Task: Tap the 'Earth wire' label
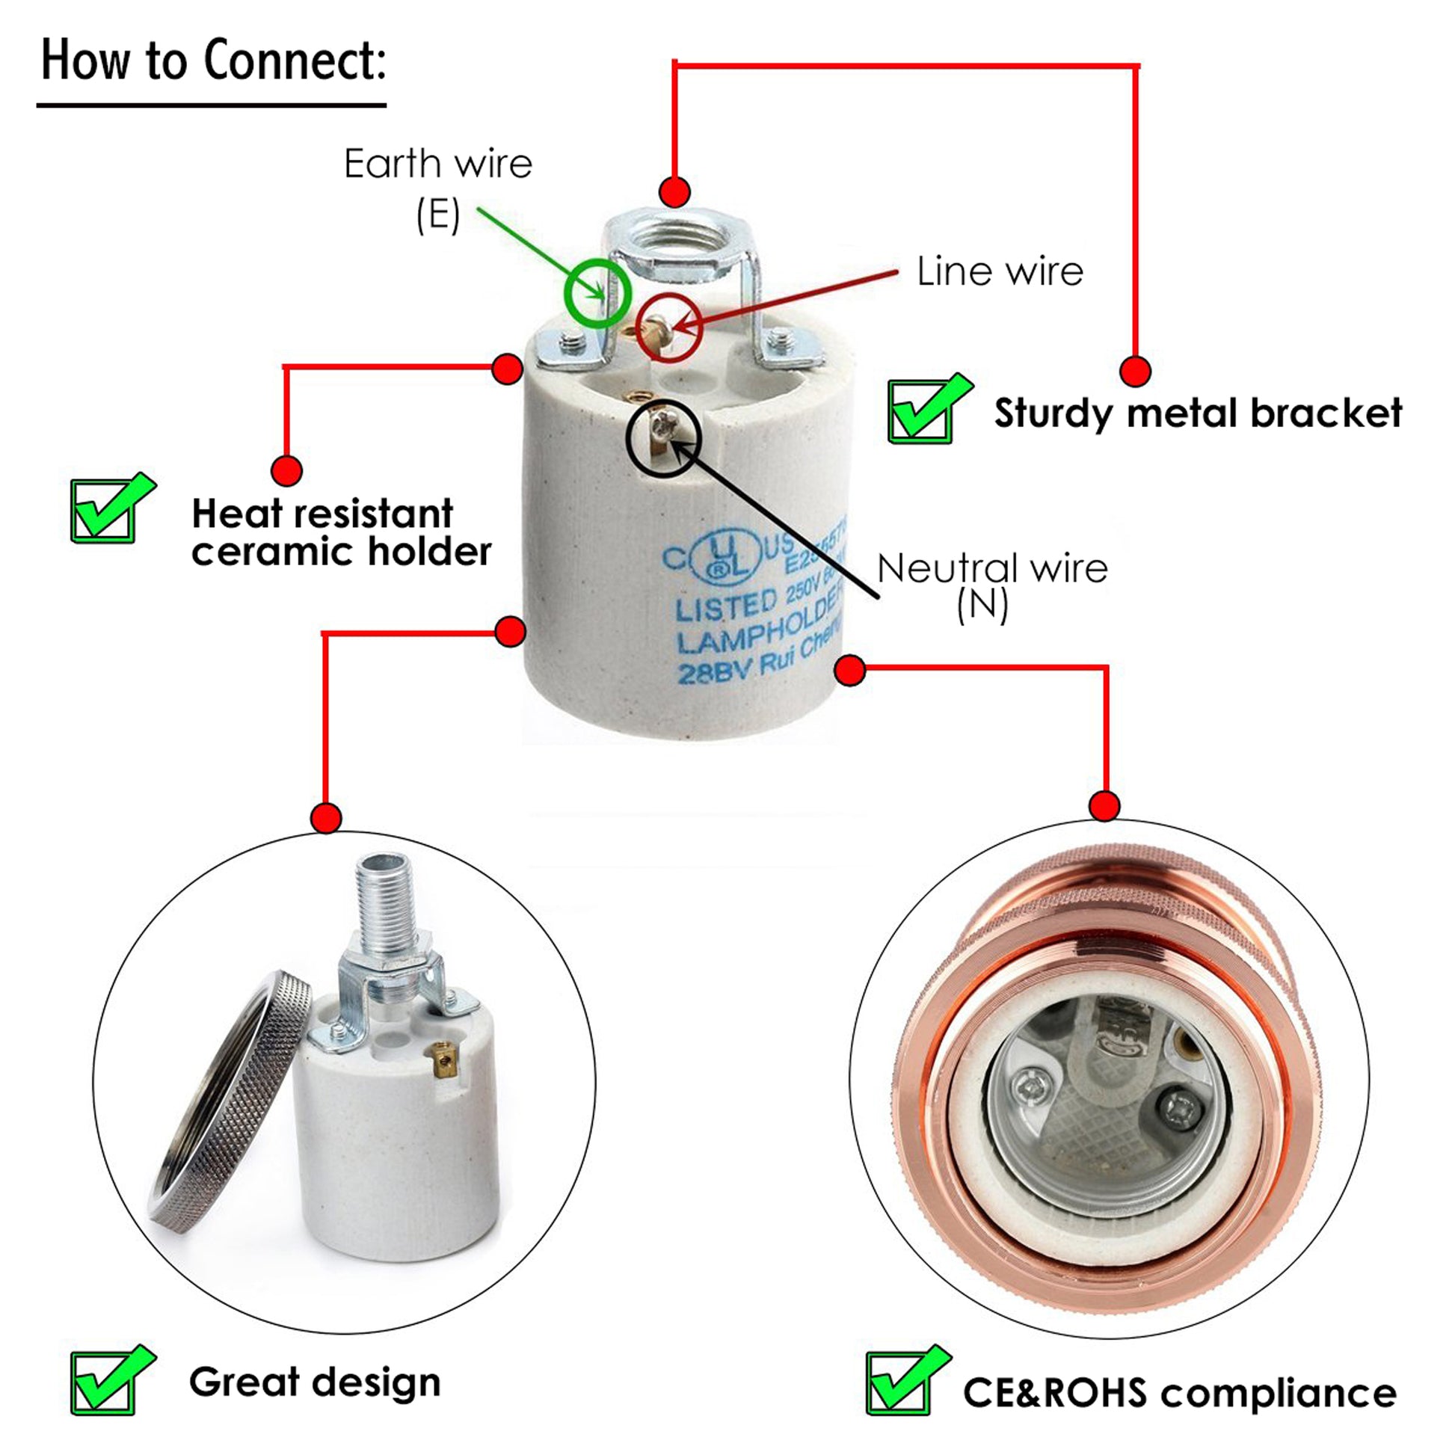click(x=437, y=164)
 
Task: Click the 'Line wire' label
click(x=1000, y=271)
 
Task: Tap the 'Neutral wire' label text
click(x=992, y=568)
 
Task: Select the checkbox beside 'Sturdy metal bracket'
click(x=920, y=412)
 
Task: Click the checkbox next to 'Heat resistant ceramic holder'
click(x=104, y=511)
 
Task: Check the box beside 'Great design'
click(x=104, y=1382)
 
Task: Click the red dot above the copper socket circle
click(x=1104, y=806)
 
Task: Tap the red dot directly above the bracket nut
click(x=674, y=192)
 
